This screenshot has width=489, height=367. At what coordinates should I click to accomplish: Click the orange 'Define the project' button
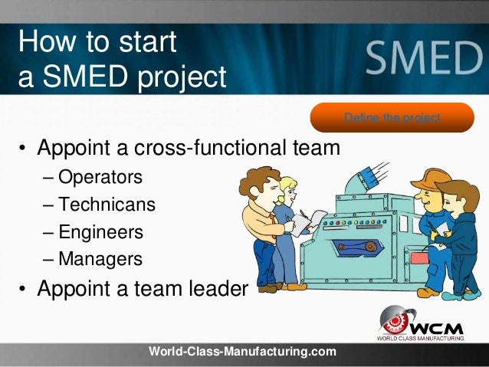click(392, 117)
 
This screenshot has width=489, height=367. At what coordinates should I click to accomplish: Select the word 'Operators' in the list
click(100, 177)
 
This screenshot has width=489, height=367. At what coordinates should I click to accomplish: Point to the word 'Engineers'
click(100, 232)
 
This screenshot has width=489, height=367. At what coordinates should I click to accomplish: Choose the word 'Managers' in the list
click(100, 259)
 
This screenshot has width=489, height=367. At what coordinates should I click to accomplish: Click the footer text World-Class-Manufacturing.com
click(242, 352)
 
